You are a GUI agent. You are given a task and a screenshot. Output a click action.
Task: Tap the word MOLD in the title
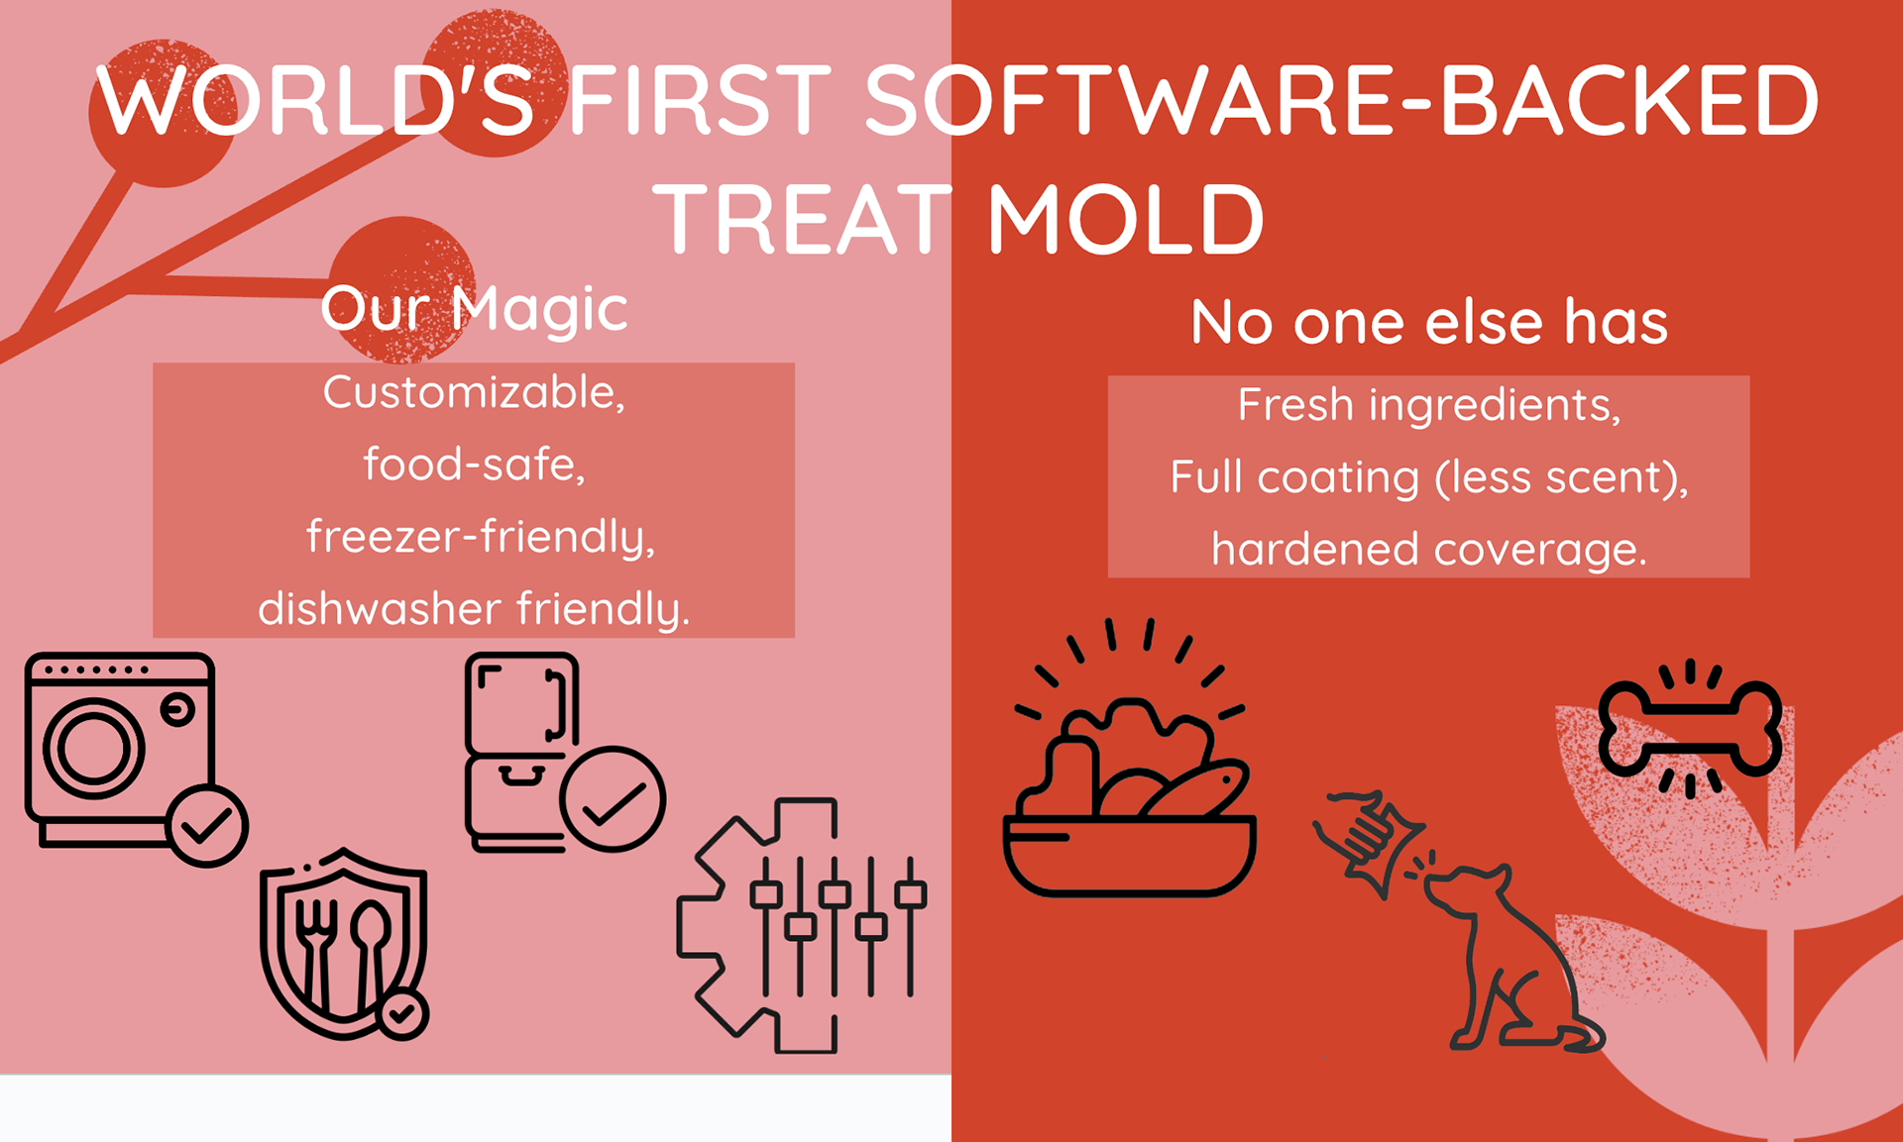pos(1126,218)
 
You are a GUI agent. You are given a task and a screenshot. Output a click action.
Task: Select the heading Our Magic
pos(474,308)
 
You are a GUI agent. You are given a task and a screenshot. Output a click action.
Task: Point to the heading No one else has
pos(1429,322)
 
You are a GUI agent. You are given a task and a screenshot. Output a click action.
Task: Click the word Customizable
pos(474,392)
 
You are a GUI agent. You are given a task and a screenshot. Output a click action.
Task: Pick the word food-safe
pos(474,464)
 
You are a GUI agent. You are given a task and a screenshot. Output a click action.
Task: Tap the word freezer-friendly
pos(481,537)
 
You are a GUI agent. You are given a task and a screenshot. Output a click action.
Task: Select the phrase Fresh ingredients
pos(1428,405)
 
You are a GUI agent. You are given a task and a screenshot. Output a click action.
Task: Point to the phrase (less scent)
pos(1561,478)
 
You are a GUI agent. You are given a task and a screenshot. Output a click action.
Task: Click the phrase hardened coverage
pos(1428,549)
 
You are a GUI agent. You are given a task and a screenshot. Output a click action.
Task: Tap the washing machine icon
pos(121,750)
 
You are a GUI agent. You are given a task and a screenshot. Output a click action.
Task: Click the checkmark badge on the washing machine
pos(207,826)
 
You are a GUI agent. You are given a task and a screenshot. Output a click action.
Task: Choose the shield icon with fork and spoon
pos(344,943)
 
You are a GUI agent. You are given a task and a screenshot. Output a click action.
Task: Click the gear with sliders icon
pos(801,925)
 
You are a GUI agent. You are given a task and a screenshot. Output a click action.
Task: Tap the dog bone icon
pos(1690,729)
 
